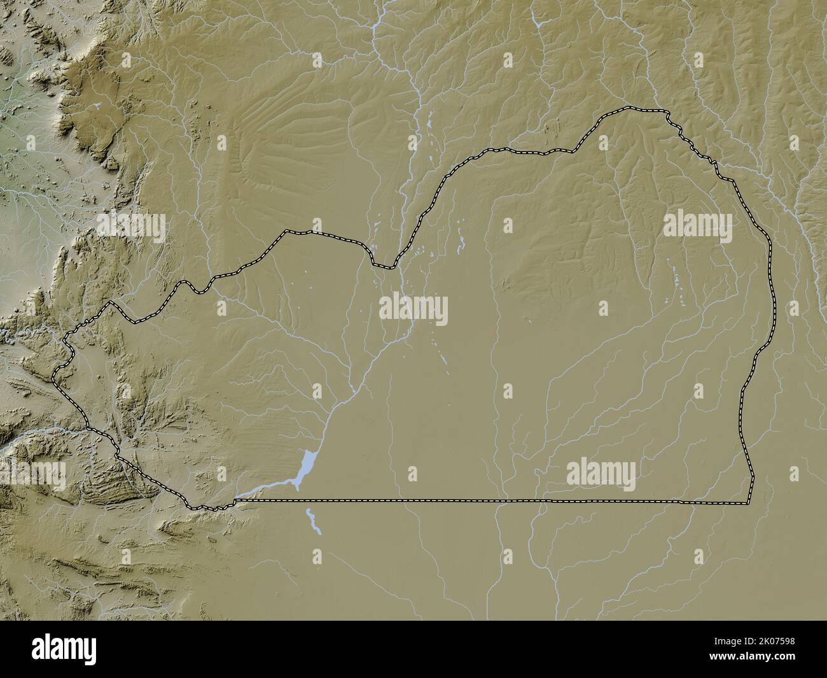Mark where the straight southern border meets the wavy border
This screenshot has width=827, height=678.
tap(235, 501)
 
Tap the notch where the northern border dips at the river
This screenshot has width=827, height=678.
tap(384, 265)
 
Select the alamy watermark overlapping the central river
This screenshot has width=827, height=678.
tap(413, 310)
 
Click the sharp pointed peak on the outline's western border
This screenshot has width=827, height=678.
tap(111, 302)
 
